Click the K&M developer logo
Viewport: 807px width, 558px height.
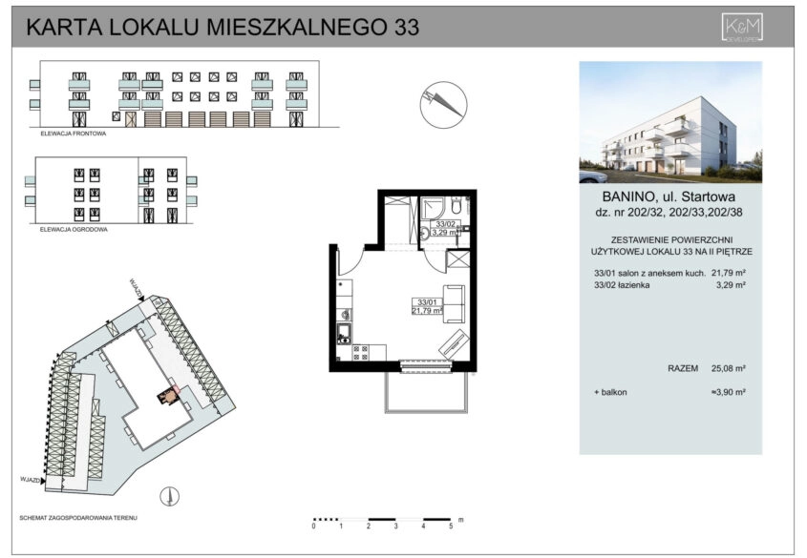coord(741,28)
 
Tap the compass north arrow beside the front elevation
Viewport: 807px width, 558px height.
coord(443,101)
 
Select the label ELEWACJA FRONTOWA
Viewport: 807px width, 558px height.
coord(73,134)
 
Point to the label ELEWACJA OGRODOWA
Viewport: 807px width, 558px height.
coord(74,230)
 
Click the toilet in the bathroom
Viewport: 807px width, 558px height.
coord(457,206)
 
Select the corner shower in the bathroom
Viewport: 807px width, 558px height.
coord(435,207)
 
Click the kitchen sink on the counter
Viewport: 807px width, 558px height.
coord(342,333)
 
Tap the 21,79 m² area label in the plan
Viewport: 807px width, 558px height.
coord(426,310)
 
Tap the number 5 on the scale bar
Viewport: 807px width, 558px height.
coord(451,526)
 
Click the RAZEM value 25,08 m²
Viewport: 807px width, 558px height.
coord(728,366)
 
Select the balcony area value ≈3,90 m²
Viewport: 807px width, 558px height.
coord(728,392)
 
